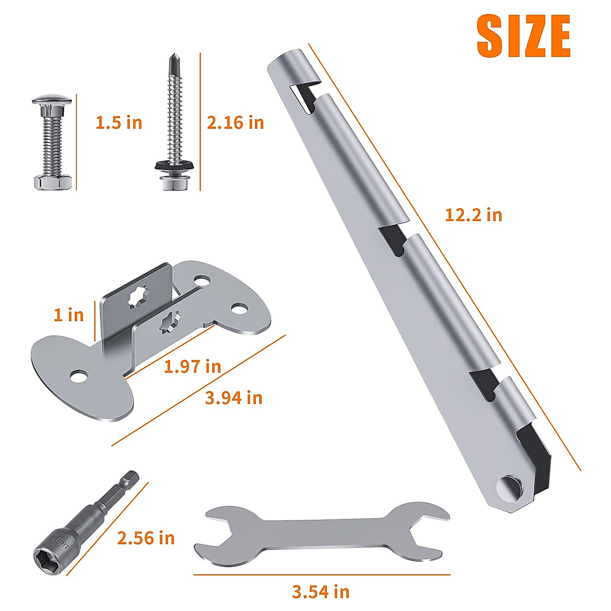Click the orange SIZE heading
[523, 36]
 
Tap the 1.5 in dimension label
[119, 123]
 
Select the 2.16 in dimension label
[235, 123]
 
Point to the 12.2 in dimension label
[474, 215]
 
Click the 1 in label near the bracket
[69, 315]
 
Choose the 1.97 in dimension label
[192, 366]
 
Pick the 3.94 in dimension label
[233, 398]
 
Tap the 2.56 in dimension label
[146, 538]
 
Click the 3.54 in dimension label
[321, 592]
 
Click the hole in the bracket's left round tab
[78, 376]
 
